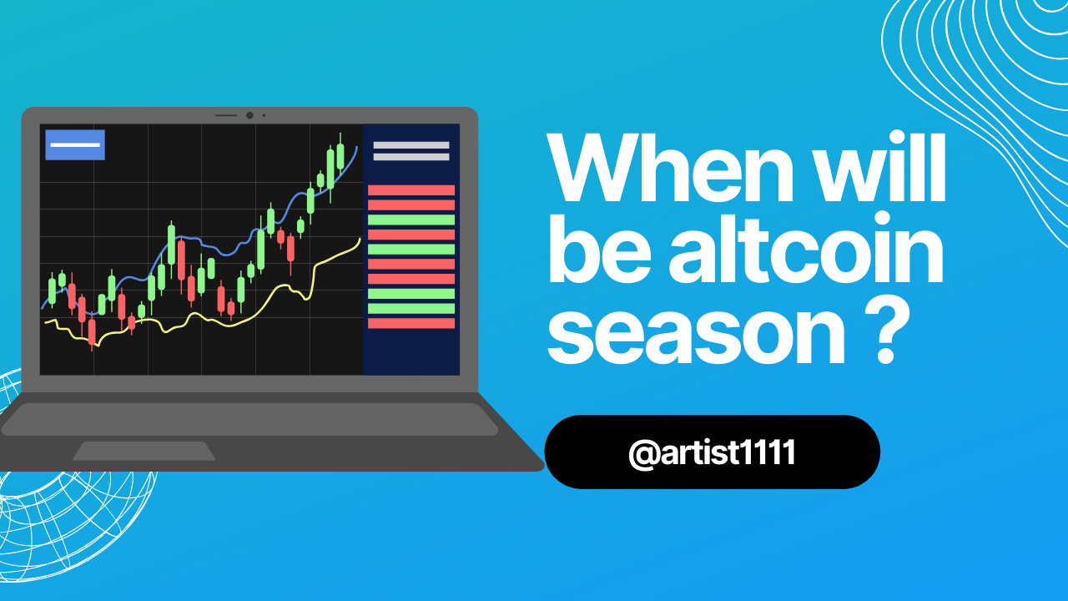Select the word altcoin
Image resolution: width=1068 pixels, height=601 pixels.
pos(806,248)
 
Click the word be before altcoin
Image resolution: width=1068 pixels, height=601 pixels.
pos(599,248)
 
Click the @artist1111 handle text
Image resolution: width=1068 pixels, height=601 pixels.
pos(712,452)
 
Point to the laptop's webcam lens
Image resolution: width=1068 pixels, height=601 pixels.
pos(249,115)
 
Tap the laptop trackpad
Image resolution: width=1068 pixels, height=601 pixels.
pos(144,451)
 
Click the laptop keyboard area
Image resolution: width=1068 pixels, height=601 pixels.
pos(249,419)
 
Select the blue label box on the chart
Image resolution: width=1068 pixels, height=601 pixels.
pos(75,144)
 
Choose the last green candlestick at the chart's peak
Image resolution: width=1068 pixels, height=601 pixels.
pos(340,156)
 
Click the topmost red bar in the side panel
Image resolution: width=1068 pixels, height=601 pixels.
pos(411,190)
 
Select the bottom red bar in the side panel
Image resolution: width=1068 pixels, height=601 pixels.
pos(411,323)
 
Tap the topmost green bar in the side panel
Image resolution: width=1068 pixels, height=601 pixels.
pos(411,220)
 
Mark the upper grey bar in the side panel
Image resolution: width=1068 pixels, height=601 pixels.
pos(411,145)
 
